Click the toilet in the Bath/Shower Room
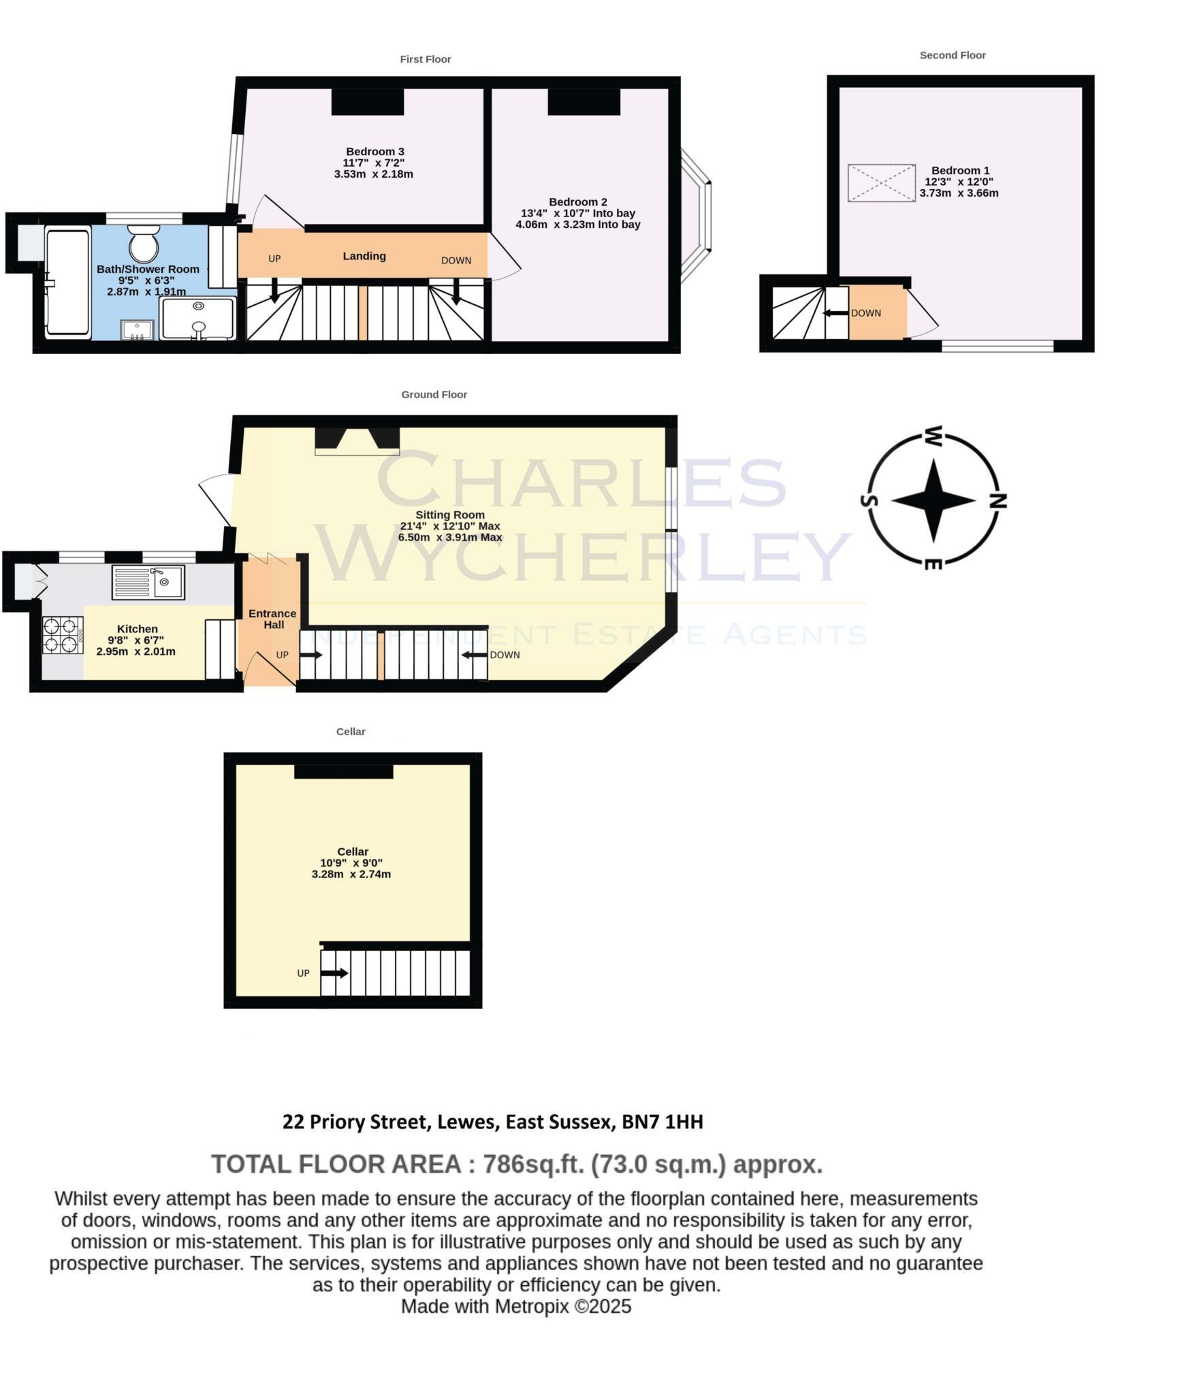143,244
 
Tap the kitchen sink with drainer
148,583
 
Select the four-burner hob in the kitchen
62,634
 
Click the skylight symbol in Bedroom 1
881,182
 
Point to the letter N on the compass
998,502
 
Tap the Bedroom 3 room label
374,151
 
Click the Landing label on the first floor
364,256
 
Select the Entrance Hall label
272,619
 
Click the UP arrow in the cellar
334,973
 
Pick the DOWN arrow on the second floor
832,313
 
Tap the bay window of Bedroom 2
699,216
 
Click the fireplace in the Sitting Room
357,440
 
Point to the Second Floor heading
953,55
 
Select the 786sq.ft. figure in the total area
533,1165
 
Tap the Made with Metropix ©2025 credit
515,1306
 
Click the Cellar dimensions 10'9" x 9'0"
351,862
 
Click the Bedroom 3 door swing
272,212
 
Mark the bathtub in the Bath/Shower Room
67,282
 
